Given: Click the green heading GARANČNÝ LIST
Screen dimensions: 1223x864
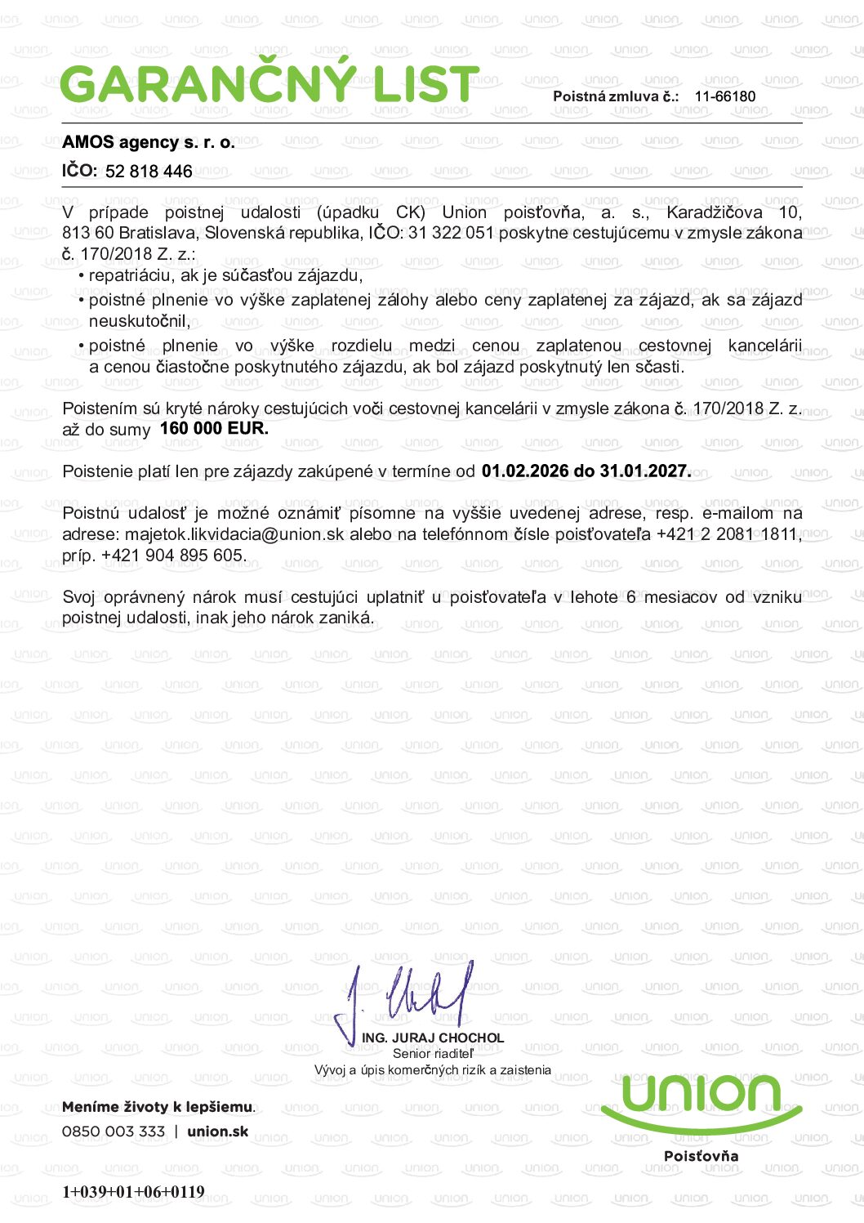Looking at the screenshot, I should [269, 83].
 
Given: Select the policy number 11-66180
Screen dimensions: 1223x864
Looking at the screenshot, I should [724, 96].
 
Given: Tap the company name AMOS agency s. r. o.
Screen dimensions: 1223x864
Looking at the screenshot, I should [149, 142].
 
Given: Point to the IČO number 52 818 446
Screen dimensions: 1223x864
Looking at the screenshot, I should [149, 172].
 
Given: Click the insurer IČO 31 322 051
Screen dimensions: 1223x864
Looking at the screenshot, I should [451, 233].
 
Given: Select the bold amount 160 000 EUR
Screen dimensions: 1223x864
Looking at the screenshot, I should [214, 428].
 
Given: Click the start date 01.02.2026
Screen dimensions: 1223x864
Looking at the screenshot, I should [525, 471].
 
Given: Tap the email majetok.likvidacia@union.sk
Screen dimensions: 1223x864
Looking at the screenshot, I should [234, 534].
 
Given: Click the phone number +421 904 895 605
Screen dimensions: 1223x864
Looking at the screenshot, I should [172, 556].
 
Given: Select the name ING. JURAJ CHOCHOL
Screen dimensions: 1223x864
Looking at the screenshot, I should [433, 1038].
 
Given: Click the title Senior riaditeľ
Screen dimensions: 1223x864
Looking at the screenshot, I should [433, 1054].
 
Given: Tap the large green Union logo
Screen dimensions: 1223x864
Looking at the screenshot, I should [701, 1100].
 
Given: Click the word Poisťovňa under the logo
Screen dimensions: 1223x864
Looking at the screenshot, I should [701, 1156].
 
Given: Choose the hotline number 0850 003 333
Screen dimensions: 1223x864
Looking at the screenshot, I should [114, 1131].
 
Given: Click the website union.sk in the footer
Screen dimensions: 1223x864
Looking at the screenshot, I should [217, 1131].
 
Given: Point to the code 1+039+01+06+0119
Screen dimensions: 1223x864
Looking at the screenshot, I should [133, 1191].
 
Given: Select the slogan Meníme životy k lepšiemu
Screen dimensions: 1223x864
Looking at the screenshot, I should [158, 1107].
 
